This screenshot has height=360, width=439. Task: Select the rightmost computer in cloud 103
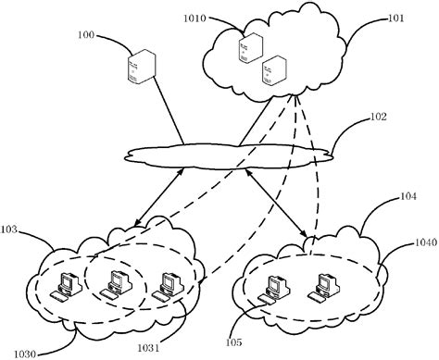click(167, 284)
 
